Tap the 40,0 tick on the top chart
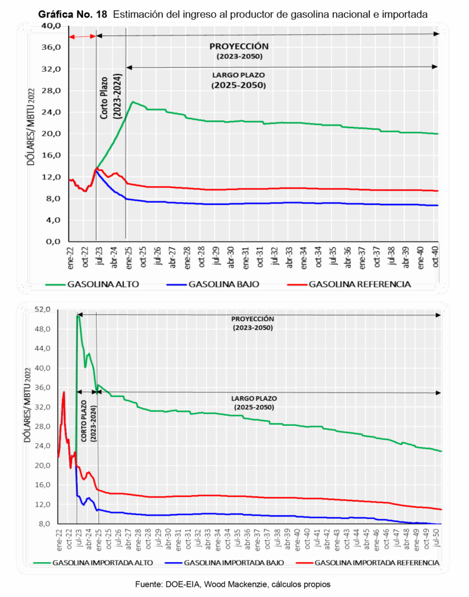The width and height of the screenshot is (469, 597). click(x=51, y=26)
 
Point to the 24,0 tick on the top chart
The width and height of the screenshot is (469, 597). click(x=51, y=112)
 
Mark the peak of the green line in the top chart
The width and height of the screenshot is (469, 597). click(x=133, y=102)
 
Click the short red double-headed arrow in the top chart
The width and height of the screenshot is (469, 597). click(x=82, y=37)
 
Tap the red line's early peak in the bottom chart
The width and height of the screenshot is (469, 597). click(x=64, y=392)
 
